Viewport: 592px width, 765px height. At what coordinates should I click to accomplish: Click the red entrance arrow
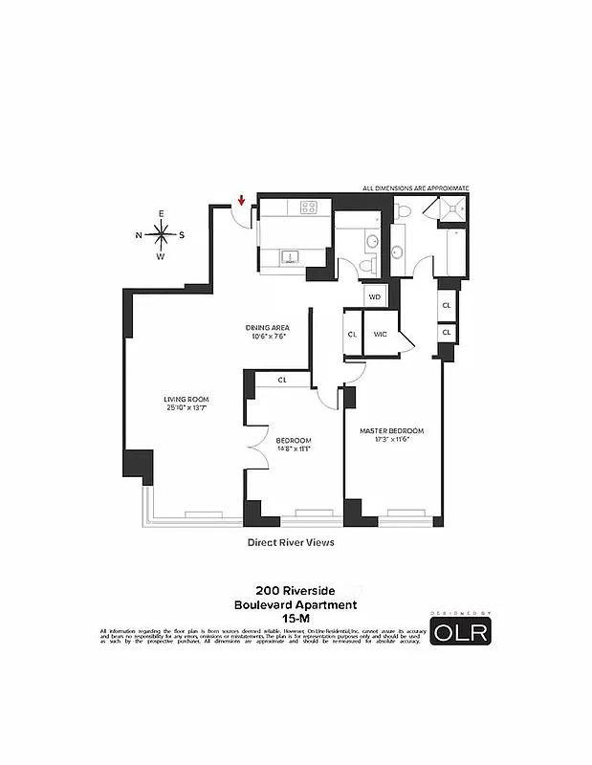coord(242,201)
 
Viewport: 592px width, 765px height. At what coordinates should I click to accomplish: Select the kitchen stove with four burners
coord(310,207)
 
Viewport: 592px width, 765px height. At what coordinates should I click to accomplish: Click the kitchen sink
coord(290,255)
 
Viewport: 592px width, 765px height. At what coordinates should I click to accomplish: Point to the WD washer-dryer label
coord(375,296)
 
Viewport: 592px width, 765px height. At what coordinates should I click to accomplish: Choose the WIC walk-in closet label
coord(380,335)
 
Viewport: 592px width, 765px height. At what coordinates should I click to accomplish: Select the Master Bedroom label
coord(391,430)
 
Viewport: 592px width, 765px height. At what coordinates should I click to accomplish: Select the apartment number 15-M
coord(296,618)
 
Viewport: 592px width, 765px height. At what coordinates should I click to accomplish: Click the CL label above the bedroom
coord(282,381)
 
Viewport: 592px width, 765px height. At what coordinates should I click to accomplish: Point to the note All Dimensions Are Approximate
coord(415,188)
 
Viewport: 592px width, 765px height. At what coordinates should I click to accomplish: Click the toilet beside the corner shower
coord(405,210)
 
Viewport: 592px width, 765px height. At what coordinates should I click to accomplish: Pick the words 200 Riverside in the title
coord(296,591)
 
